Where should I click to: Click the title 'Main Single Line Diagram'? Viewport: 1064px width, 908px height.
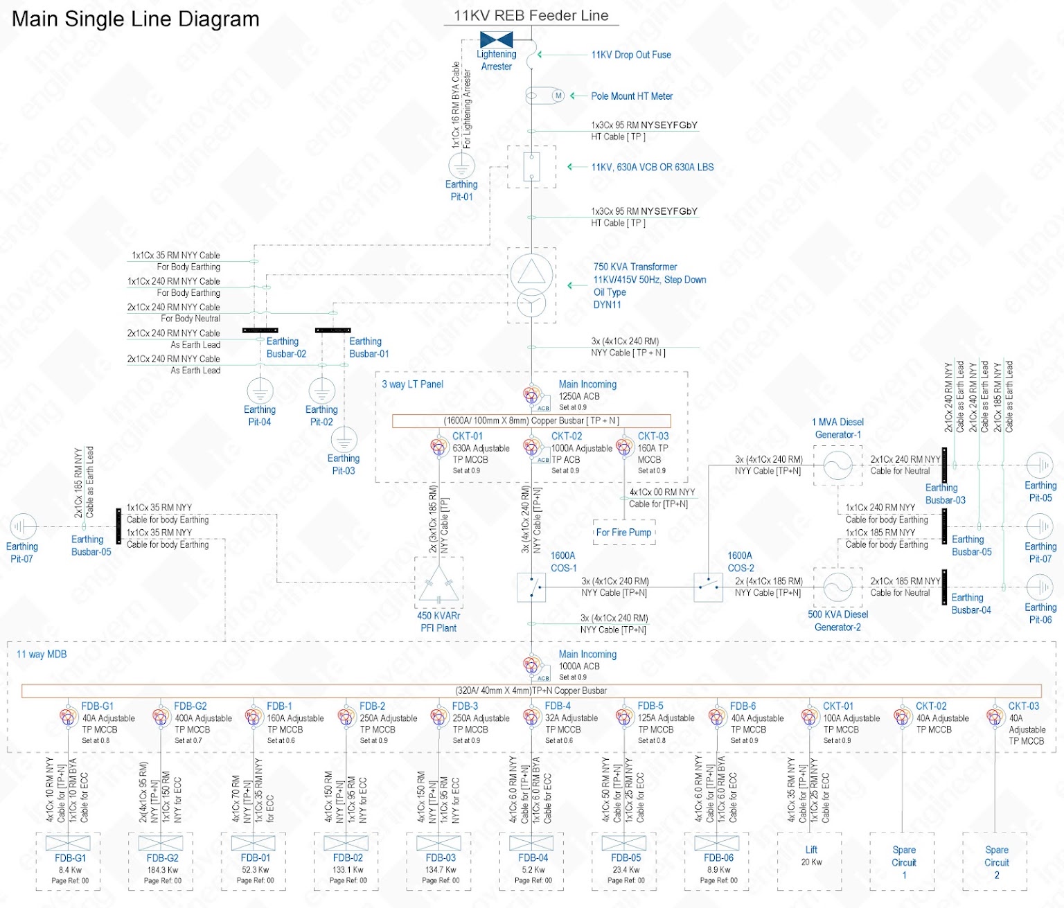click(136, 19)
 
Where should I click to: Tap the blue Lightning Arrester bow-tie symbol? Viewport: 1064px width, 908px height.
click(496, 39)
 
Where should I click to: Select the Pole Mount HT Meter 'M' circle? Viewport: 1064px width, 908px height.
click(558, 96)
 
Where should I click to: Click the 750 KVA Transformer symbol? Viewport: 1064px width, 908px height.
click(531, 285)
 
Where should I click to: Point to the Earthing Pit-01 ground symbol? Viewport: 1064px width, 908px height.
click(461, 166)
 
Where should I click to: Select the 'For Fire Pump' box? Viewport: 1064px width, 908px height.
click(624, 532)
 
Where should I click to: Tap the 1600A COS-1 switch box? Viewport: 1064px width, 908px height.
click(531, 587)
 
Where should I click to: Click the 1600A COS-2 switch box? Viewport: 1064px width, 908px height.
click(708, 587)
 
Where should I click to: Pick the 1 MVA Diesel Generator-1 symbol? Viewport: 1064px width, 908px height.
click(837, 465)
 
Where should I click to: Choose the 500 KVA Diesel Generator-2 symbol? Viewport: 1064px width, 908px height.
click(837, 587)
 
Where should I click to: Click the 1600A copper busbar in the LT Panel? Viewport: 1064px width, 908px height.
click(531, 420)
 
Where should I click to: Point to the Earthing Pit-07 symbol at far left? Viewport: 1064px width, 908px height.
click(22, 526)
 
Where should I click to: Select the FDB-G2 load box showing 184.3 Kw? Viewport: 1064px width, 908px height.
click(161, 862)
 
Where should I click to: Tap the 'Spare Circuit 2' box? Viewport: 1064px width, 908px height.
click(995, 862)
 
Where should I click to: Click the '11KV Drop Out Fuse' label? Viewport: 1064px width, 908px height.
click(630, 55)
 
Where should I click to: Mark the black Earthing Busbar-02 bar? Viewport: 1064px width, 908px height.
click(260, 330)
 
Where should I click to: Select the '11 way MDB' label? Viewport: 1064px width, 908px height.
click(42, 655)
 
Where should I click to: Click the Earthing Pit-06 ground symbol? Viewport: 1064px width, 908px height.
click(1040, 587)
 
